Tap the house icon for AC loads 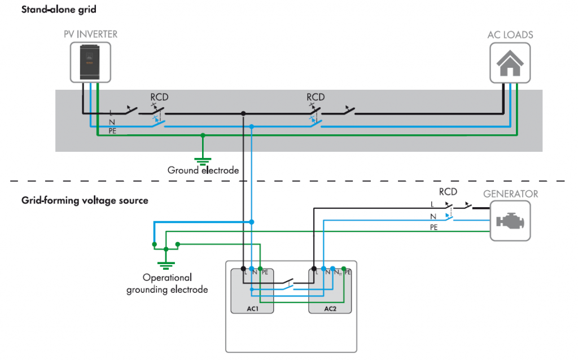[x=510, y=62]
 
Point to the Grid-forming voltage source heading [x=85, y=200]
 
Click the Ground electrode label [x=203, y=170]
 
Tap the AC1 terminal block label [x=252, y=309]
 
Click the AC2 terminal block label [x=330, y=309]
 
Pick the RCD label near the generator [x=448, y=192]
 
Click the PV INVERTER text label [x=91, y=35]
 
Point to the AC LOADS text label [x=510, y=35]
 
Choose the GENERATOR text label [x=510, y=194]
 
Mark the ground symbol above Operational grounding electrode [x=166, y=264]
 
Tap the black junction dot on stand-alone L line [x=243, y=113]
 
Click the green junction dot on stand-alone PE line [x=203, y=135]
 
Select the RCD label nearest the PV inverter [x=159, y=97]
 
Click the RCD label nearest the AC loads [x=316, y=97]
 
